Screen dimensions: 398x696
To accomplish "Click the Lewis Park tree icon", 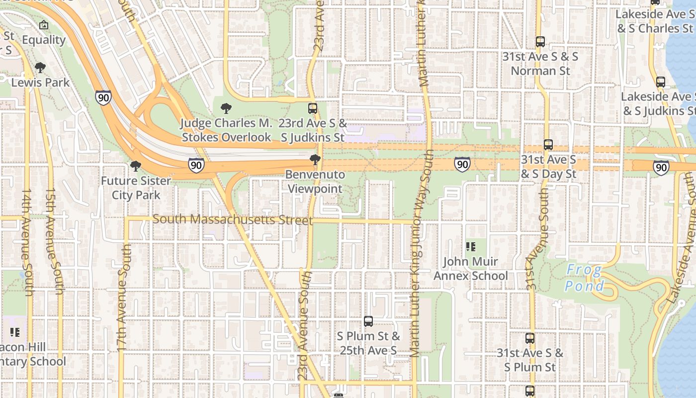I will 40,68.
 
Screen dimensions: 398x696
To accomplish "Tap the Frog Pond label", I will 585,278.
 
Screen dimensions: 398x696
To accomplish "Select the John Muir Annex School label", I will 471,269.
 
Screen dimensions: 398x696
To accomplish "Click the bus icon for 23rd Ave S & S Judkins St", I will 313,108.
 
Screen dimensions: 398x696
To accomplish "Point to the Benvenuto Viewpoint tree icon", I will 315,160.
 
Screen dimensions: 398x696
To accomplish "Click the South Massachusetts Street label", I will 233,219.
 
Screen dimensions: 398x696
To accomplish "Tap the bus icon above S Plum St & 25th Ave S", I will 368,321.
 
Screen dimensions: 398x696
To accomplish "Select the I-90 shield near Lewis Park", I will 103,97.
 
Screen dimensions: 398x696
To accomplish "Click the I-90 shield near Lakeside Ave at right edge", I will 661,167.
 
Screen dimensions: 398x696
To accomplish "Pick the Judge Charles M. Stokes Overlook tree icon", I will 226,108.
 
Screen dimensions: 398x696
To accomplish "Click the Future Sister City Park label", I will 136,188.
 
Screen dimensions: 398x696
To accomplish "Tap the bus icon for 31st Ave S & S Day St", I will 548,145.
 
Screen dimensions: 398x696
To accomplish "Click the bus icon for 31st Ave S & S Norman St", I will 540,42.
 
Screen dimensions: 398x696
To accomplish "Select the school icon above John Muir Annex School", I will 470,246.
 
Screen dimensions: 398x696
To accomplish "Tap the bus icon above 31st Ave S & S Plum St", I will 530,338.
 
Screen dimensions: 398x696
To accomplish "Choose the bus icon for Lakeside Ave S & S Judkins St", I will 660,82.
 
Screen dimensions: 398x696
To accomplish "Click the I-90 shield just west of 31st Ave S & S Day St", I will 462,164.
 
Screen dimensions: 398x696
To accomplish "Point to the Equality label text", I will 44,40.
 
